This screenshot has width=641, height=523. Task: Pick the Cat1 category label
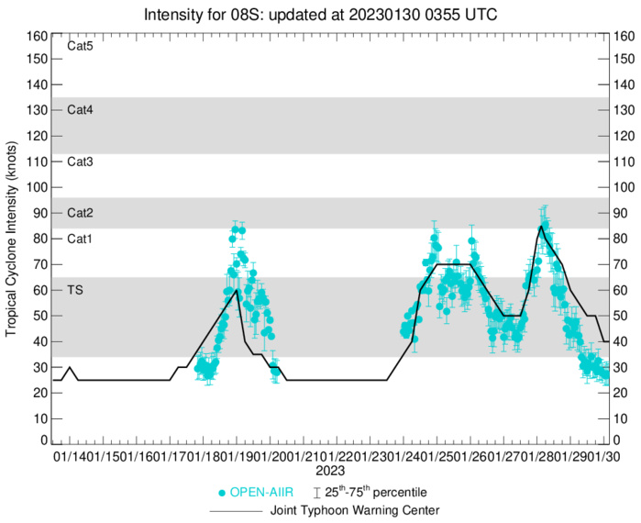point(80,239)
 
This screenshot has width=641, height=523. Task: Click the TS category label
point(75,289)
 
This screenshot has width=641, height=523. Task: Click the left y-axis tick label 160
point(37,36)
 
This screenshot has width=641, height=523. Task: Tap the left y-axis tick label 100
point(37,187)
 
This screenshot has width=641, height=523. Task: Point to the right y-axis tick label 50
point(621,316)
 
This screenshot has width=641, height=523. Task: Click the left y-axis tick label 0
point(42,441)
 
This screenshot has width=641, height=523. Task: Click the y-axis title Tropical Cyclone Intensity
point(12,239)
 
